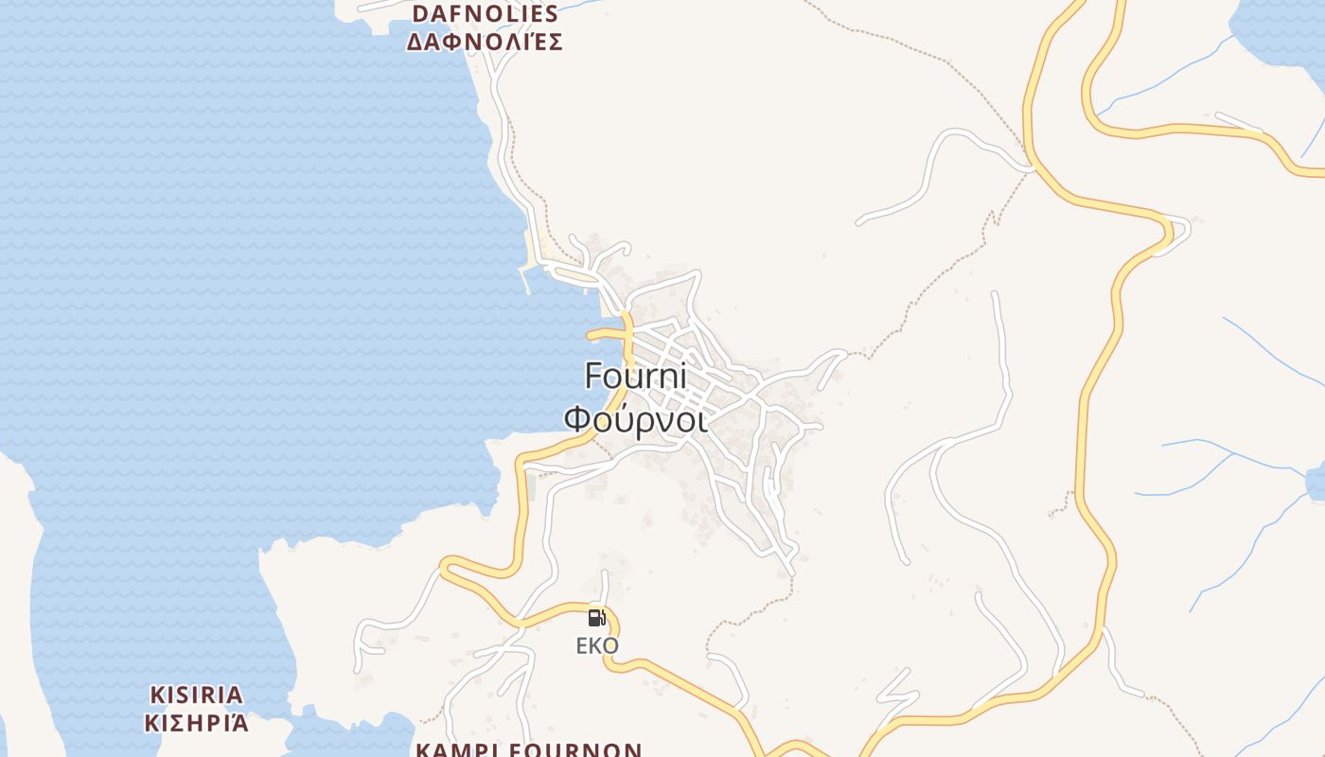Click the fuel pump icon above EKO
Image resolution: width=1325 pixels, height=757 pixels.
pyautogui.click(x=596, y=618)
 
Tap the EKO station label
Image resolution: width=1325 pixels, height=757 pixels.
pyautogui.click(x=597, y=646)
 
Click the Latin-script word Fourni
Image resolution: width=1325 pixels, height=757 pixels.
pyautogui.click(x=635, y=377)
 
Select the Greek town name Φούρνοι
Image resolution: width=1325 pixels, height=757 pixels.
pyautogui.click(x=635, y=418)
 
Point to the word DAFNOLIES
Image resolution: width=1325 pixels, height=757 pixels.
pyautogui.click(x=486, y=13)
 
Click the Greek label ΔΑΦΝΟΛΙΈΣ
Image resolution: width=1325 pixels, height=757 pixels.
pyautogui.click(x=486, y=42)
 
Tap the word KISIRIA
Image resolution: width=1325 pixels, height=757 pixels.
pyautogui.click(x=197, y=695)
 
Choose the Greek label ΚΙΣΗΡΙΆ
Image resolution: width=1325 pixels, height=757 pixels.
pyautogui.click(x=197, y=724)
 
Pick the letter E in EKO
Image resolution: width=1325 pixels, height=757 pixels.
pyautogui.click(x=582, y=646)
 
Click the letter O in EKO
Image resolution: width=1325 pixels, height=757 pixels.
pyautogui.click(x=611, y=646)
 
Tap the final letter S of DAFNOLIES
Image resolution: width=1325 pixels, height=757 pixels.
pyautogui.click(x=552, y=13)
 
